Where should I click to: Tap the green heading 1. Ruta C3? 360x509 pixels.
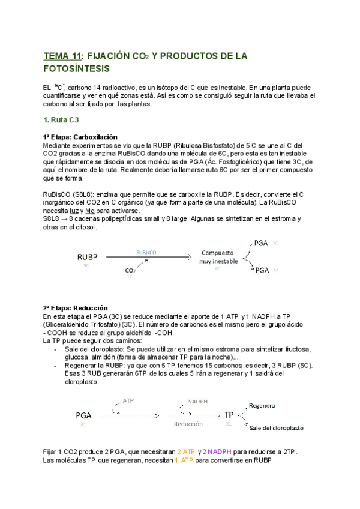click(x=61, y=120)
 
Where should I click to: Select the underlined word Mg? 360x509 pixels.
click(x=91, y=211)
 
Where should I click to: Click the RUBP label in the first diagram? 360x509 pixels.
click(x=87, y=257)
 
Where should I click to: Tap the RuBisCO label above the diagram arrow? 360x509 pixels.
click(x=147, y=253)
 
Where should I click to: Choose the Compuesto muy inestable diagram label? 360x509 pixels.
click(x=217, y=257)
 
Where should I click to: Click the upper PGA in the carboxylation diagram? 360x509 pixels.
click(x=262, y=243)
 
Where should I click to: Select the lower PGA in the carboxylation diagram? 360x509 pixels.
click(x=262, y=271)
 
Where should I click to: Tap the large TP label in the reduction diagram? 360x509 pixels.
click(x=229, y=415)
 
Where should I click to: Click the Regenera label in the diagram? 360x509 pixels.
click(x=262, y=405)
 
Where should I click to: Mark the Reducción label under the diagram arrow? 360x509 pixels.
click(x=188, y=424)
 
